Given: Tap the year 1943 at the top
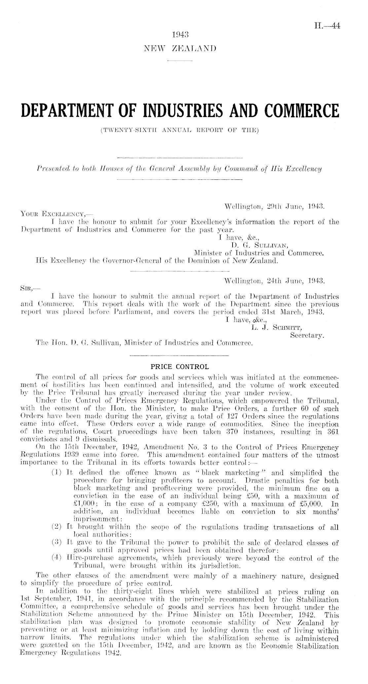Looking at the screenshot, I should click(x=180, y=34).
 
